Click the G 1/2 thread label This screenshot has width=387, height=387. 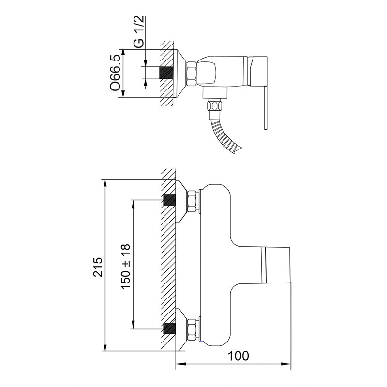pos(139,32)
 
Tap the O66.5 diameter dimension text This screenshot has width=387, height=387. pos(115,73)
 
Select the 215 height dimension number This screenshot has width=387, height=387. pos(98,267)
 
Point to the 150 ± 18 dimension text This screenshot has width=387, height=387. pos(125,267)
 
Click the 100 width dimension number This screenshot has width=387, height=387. pos(238,356)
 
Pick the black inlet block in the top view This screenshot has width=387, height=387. pos(166,73)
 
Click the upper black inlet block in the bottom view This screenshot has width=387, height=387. pos(170,200)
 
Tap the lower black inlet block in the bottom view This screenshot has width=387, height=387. pos(170,328)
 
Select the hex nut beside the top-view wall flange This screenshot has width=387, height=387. pos(192,74)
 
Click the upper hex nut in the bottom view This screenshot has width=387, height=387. pos(193,201)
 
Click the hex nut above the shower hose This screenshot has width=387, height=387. pos(215,105)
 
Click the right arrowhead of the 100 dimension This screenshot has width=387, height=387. pos(286,364)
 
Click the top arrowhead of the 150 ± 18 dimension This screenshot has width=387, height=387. pos(134,205)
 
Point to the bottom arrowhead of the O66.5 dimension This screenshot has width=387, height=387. pos(123,92)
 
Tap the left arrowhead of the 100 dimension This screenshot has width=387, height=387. pos(180,364)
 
